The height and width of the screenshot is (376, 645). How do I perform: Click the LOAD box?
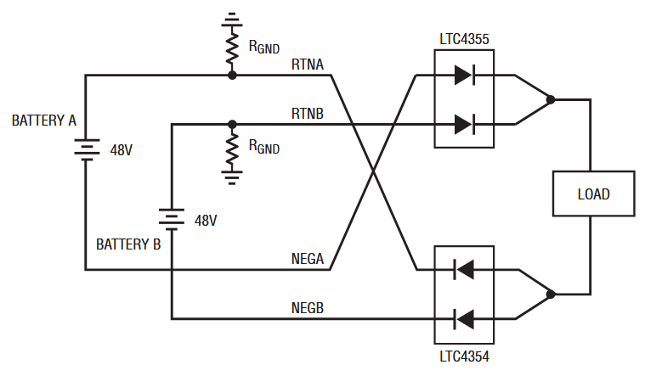point(593,194)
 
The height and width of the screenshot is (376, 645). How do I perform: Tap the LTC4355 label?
point(464,39)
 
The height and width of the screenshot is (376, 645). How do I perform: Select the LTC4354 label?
point(464,356)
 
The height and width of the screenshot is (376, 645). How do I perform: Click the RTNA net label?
point(308,65)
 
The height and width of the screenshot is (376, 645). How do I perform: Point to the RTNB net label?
point(308,114)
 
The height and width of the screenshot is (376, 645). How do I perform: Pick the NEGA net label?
point(308,259)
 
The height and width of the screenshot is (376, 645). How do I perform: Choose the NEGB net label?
point(308,308)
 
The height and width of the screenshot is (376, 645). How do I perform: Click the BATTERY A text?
point(44,121)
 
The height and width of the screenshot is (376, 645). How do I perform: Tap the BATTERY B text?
point(128,244)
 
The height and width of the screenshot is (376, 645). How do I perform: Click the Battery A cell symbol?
point(87,149)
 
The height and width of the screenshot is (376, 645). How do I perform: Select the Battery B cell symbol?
point(171,220)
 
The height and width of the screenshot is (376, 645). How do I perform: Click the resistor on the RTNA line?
point(232,48)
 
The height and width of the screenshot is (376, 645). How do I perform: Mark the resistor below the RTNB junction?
point(232,148)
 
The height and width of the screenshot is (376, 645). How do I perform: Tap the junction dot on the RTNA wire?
point(232,76)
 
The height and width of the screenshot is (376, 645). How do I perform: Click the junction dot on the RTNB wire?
point(232,124)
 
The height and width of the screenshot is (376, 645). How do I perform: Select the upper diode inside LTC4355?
point(465,76)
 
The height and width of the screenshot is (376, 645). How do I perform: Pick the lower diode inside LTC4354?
point(464,319)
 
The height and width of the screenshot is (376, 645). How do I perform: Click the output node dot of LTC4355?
point(551,99)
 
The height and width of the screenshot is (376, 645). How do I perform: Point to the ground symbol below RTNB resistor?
point(232,177)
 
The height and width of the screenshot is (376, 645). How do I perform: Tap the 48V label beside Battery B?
point(206,221)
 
